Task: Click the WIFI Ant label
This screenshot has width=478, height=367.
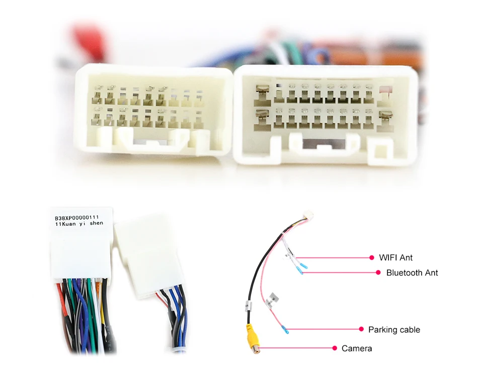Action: (x=395, y=258)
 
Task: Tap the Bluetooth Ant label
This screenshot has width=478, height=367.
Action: (x=412, y=273)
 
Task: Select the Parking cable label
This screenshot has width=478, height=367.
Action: (x=394, y=330)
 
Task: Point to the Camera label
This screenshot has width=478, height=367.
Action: (x=357, y=348)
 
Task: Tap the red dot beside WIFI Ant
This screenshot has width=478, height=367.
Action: (x=372, y=258)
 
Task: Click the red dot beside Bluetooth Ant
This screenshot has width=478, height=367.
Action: (x=378, y=273)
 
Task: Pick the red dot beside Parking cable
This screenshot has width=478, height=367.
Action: (x=361, y=330)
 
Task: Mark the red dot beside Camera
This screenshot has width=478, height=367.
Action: (x=335, y=348)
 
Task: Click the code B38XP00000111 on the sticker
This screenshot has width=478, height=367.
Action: (x=80, y=218)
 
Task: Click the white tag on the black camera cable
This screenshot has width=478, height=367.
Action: (x=248, y=305)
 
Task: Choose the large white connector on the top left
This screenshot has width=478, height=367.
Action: (x=153, y=108)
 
